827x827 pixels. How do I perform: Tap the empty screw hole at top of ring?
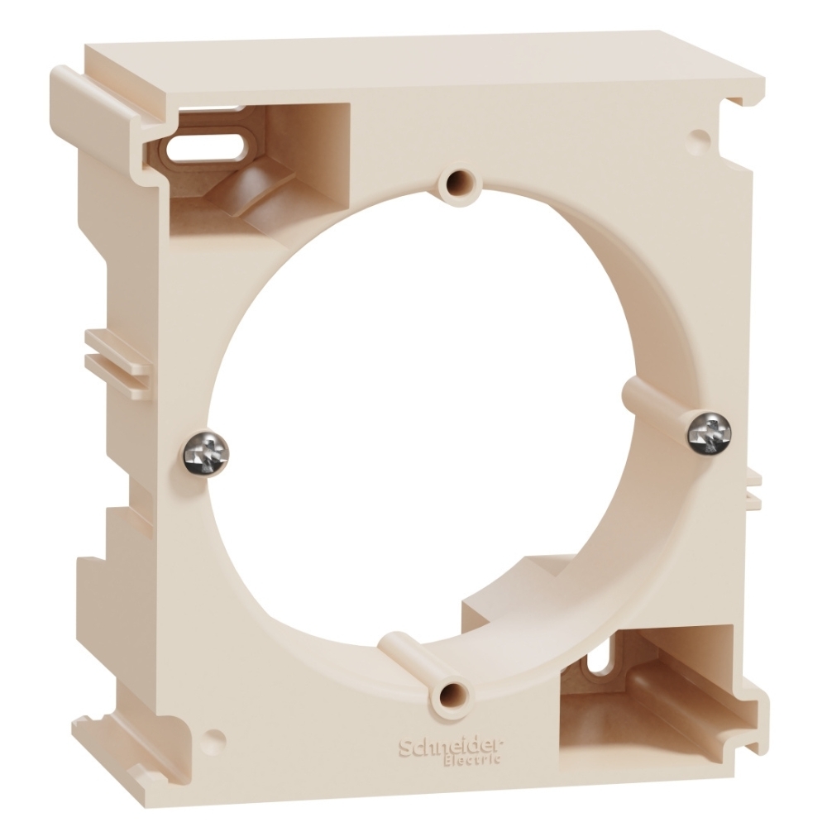[457, 184]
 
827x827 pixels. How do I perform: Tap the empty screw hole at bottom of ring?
[452, 696]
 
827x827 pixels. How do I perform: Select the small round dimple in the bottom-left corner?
[216, 739]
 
